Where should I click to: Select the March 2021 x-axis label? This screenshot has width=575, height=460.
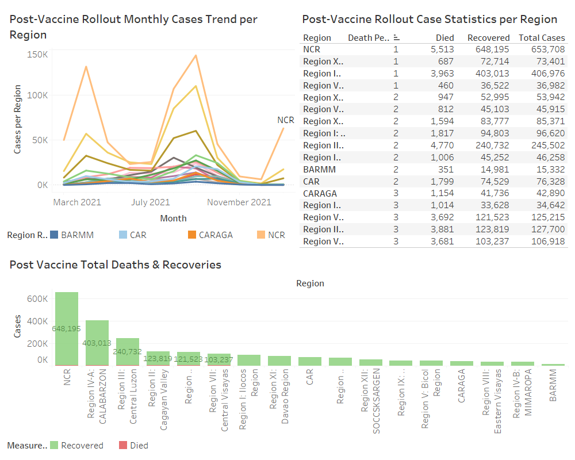(77, 202)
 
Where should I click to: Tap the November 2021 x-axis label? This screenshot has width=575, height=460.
(239, 202)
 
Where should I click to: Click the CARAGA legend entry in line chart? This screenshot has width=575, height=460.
(216, 235)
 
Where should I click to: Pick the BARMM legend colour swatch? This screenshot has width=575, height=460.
(54, 235)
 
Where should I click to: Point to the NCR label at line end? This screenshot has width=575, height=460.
(286, 120)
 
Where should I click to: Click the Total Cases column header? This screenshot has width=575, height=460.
(542, 38)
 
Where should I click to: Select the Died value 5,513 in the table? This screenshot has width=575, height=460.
(442, 49)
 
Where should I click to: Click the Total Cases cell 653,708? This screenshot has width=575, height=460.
(542, 49)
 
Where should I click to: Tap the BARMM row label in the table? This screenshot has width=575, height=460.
(319, 170)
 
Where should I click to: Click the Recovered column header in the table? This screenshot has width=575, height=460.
(488, 38)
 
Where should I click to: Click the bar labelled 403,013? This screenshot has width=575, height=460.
(97, 343)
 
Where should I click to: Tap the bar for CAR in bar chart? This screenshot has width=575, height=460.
(310, 361)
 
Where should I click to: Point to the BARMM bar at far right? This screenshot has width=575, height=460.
(553, 365)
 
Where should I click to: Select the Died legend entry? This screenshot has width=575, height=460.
(139, 446)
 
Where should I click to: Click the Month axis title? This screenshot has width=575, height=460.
(173, 218)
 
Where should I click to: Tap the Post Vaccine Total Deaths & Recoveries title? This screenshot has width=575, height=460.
(116, 265)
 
